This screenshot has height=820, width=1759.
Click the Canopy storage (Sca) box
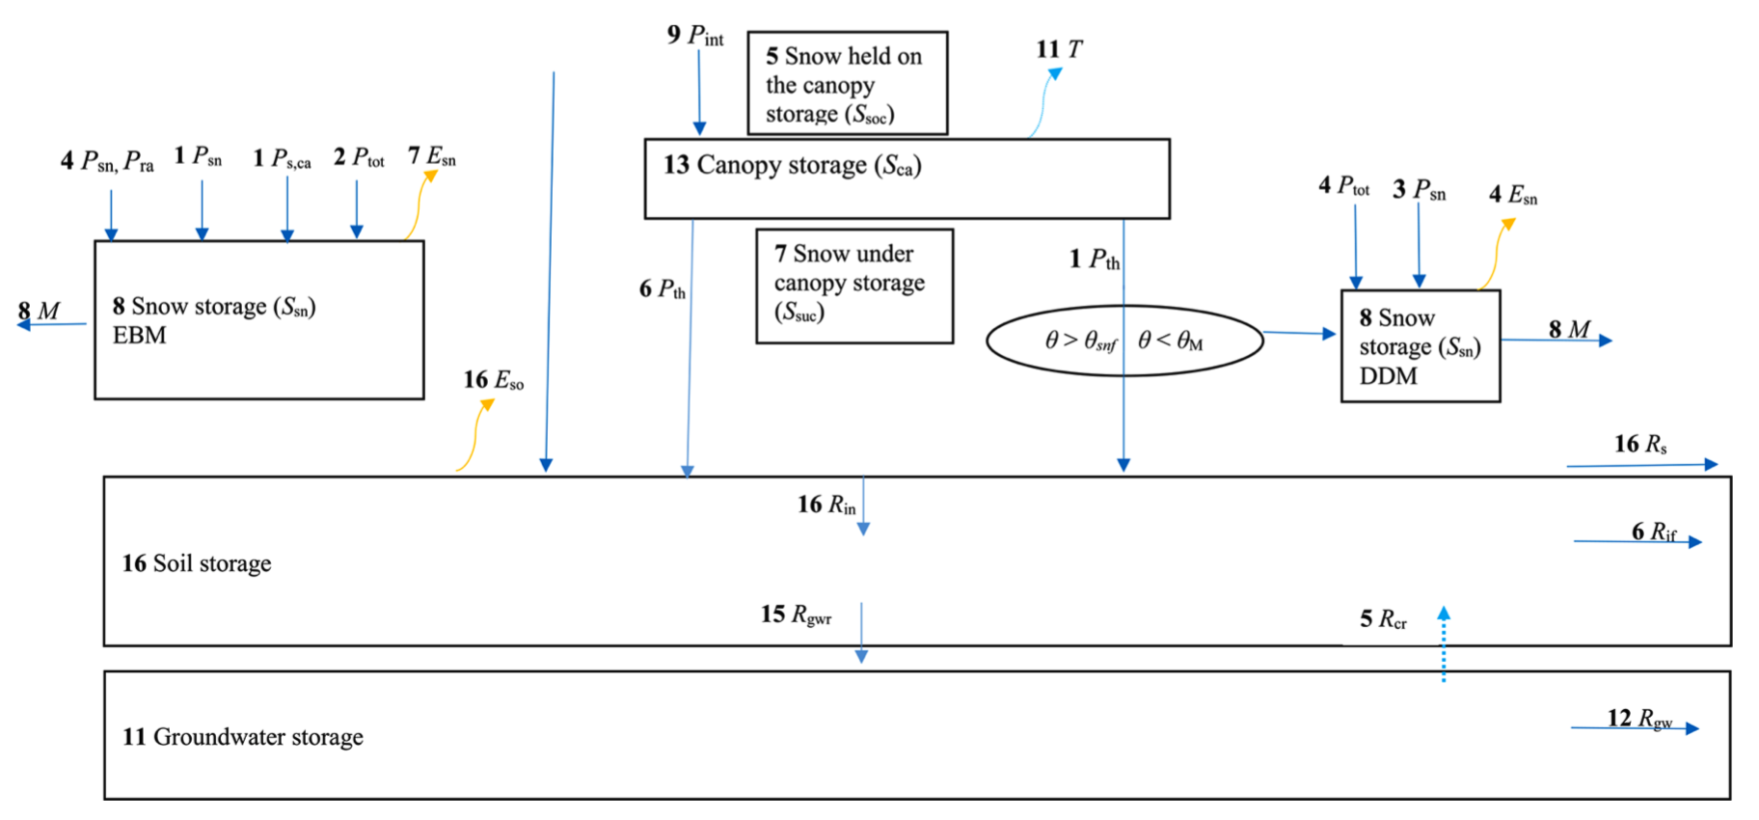tap(907, 178)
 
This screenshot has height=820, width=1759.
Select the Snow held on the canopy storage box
tap(847, 84)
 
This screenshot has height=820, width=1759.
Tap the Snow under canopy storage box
tap(854, 286)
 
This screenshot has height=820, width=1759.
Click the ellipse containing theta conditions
tap(1124, 341)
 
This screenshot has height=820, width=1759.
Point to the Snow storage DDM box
tap(1420, 346)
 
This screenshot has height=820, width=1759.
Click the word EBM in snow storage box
tap(140, 336)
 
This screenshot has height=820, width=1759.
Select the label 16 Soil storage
tap(197, 563)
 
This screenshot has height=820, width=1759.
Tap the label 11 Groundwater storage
tap(243, 737)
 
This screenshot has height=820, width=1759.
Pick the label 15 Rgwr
tap(796, 615)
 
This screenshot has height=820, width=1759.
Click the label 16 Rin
tap(826, 505)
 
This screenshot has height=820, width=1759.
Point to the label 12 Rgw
tap(1639, 719)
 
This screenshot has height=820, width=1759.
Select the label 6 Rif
tap(1653, 532)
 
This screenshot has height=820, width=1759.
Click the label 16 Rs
tap(1640, 444)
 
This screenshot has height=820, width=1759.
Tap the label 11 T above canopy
tap(1059, 49)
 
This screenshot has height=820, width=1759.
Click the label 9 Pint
tap(695, 36)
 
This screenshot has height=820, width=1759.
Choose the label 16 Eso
tap(494, 380)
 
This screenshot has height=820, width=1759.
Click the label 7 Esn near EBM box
tap(431, 156)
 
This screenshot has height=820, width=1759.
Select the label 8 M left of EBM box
tap(39, 312)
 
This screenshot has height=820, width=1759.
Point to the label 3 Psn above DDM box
tap(1419, 190)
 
